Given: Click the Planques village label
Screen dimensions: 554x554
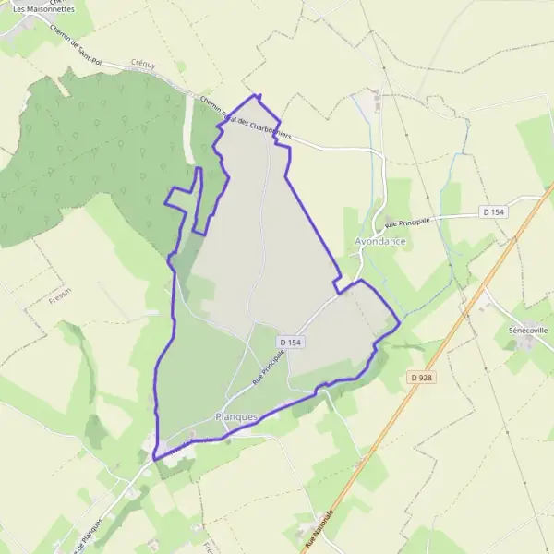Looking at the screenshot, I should [x=235, y=416].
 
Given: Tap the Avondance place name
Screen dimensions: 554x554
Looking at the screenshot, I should [x=380, y=241].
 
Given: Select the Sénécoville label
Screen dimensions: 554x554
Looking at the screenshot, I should [x=528, y=329].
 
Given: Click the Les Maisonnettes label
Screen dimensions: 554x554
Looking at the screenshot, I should [x=38, y=9].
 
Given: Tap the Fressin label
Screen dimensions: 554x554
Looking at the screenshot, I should [x=60, y=301].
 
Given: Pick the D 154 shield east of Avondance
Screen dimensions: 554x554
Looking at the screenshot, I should [x=494, y=211].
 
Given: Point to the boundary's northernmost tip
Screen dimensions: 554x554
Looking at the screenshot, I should [x=257, y=95].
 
